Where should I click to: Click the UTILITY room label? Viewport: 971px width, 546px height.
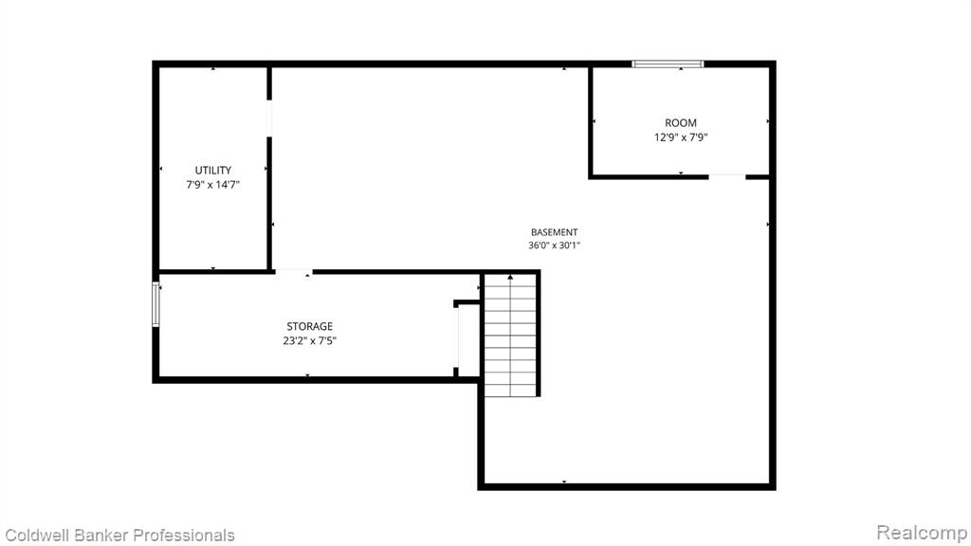click(213, 171)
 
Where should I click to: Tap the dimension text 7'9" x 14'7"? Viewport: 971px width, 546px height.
click(213, 185)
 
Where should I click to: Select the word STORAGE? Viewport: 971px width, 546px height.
click(310, 326)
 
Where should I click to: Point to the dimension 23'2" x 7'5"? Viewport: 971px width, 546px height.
click(310, 340)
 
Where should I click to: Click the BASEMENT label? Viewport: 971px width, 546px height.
click(554, 232)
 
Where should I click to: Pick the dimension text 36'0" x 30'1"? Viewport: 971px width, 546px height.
click(554, 246)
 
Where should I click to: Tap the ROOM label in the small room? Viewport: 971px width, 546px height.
click(681, 123)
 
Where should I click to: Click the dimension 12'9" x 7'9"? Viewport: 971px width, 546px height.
click(681, 137)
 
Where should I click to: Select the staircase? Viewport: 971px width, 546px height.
click(510, 335)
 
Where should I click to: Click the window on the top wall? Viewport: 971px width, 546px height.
click(668, 64)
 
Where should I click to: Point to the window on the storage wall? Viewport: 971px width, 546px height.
click(156, 304)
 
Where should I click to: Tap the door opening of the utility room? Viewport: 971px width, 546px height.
click(269, 118)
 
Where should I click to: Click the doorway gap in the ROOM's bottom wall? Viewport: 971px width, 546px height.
click(727, 177)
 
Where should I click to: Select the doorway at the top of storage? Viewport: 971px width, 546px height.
click(294, 271)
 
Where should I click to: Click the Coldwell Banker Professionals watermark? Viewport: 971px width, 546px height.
click(119, 536)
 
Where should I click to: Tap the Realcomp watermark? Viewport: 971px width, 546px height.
click(922, 533)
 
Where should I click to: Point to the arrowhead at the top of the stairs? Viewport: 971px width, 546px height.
click(510, 277)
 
